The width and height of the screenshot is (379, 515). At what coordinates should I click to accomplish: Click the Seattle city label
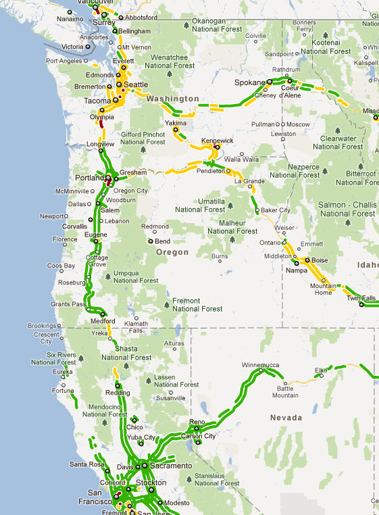136,84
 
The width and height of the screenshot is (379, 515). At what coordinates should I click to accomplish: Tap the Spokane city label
249,82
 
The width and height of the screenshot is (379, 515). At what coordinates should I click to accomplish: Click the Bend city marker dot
151,241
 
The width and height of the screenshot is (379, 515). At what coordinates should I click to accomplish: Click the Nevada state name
286,418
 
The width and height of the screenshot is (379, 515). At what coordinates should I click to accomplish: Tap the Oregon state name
172,252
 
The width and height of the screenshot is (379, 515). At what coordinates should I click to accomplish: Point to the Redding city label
118,393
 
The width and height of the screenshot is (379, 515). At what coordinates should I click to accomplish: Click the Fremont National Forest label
197,304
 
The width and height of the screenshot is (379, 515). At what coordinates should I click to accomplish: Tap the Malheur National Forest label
232,226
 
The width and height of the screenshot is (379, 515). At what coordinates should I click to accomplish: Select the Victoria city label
72,47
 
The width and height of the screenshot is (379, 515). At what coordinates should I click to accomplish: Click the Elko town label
321,370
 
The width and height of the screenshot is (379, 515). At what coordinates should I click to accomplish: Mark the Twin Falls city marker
361,304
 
